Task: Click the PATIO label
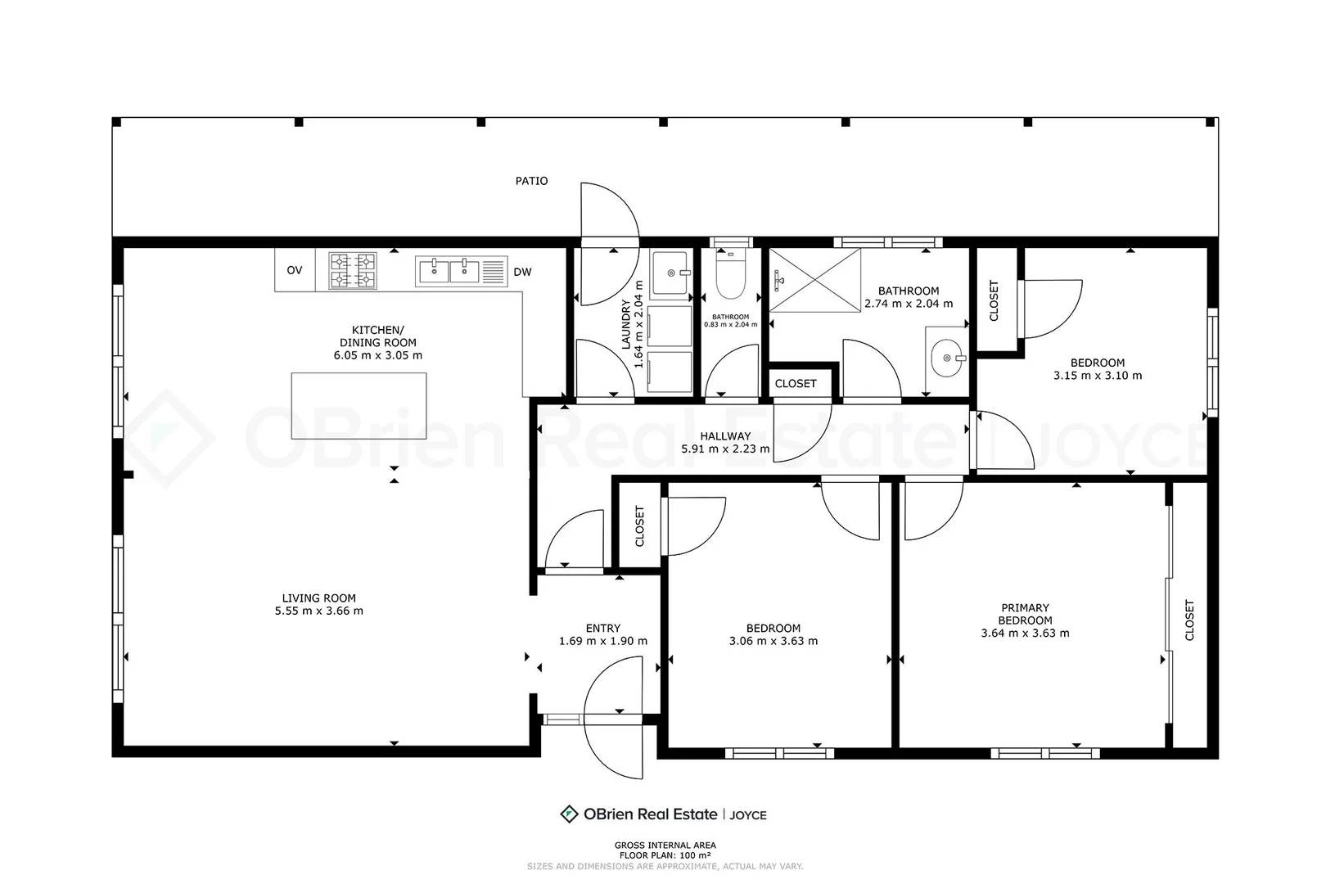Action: [531, 181]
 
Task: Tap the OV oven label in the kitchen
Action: [294, 271]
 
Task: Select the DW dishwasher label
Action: [522, 272]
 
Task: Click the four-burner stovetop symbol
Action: [353, 271]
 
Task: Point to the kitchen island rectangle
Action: [359, 406]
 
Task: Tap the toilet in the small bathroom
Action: [730, 273]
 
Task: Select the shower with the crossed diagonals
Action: [814, 280]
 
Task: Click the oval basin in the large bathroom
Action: [946, 358]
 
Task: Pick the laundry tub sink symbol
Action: [670, 273]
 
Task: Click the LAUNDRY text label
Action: [625, 324]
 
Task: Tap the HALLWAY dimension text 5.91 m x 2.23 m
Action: [725, 449]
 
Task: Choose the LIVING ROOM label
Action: [318, 598]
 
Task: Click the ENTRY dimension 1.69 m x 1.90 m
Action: [603, 641]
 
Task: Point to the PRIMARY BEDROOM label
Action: [1026, 614]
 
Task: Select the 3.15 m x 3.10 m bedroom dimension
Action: [1098, 376]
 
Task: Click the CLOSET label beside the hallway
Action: [796, 384]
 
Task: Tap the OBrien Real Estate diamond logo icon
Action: [569, 814]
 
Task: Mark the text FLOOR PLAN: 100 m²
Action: [665, 855]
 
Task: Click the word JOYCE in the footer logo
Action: [747, 815]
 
